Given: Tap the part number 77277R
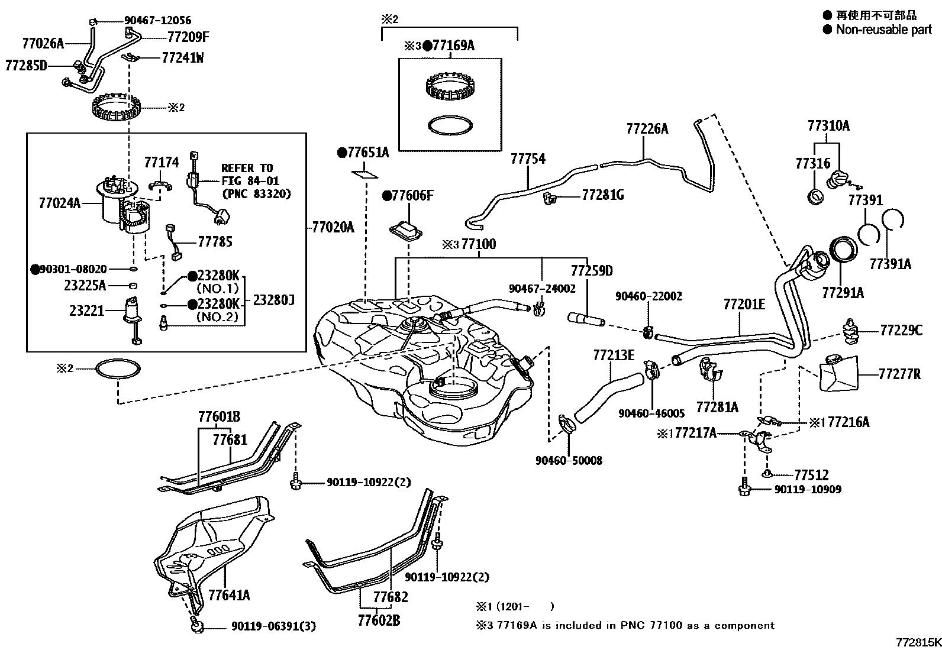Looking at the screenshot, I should point(899,374).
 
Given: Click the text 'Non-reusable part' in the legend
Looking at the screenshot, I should point(883,30).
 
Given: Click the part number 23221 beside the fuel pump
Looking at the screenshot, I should point(86,310).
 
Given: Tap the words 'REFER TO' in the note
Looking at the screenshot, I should point(247,168).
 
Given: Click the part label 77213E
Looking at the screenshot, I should point(613,355).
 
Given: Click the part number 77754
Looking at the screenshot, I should point(528,159).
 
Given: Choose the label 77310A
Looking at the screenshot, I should point(828,125).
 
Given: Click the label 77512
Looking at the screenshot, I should point(811,475).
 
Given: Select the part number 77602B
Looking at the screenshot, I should point(379,620).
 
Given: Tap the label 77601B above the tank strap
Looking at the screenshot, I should point(219,416).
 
